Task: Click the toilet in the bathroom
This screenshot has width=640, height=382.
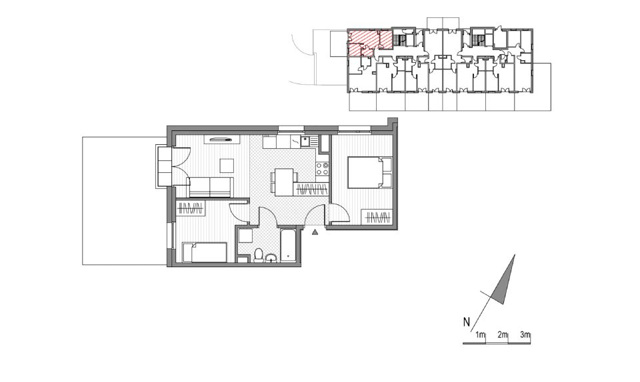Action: [x=259, y=255]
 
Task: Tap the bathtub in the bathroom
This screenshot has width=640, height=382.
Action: [x=288, y=246]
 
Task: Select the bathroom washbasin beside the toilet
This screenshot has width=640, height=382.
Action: [x=271, y=258]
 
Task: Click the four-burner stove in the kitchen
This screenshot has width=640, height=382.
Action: [x=323, y=168]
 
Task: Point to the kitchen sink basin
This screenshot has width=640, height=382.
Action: [x=305, y=142]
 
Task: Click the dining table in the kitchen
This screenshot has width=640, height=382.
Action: [x=284, y=182]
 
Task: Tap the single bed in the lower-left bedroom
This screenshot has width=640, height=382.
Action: [x=205, y=252]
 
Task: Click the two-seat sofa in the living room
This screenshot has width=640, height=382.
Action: [x=210, y=187]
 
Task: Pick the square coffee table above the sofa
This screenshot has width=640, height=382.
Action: [x=227, y=166]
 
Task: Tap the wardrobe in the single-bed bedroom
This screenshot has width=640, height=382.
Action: [x=191, y=208]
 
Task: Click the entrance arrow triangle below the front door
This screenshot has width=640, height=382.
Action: [x=315, y=232]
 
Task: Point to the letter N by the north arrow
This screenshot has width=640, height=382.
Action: [x=466, y=322]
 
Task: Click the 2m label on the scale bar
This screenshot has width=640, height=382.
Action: [x=503, y=335]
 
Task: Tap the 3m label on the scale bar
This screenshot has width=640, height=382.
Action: [x=525, y=335]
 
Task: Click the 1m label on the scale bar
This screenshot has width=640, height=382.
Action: [x=481, y=335]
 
